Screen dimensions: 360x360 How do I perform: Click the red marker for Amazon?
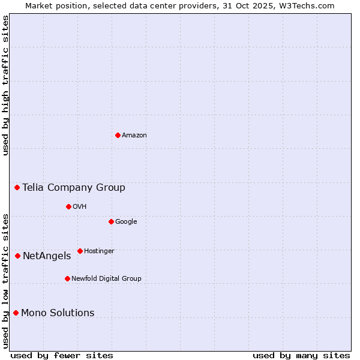point(118,135)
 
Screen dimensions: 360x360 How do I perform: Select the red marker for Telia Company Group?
point(17,188)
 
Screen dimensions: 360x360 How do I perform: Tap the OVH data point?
point(68,207)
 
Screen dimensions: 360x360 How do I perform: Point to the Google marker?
point(111,222)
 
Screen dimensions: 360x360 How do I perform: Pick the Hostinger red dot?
point(80,251)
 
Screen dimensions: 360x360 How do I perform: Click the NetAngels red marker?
point(17,256)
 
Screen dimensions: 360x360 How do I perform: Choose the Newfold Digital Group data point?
point(67,278)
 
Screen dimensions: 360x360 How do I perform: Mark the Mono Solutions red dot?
point(16,313)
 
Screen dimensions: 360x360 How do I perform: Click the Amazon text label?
point(134,136)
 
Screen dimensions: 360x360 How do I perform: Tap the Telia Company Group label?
point(74,188)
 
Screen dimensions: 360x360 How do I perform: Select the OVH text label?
point(80,207)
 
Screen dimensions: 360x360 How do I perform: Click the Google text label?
point(126,222)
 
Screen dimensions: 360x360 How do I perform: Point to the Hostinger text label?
point(99,251)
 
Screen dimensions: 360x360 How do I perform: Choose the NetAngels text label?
point(47,256)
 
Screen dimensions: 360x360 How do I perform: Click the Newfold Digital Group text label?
point(106,278)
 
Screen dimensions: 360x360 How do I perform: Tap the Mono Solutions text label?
point(58,313)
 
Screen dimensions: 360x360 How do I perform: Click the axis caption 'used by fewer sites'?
point(62,355)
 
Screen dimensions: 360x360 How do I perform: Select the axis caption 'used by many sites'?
point(301,355)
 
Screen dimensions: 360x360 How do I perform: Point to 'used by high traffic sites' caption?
point(5,85)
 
